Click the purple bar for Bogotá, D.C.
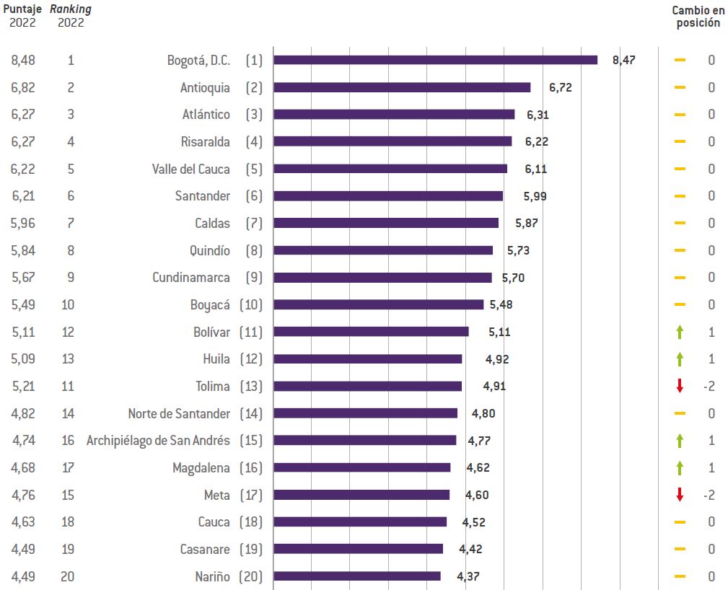click(435, 60)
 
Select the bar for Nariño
click(356, 576)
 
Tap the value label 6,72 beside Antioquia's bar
click(561, 87)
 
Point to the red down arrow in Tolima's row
click(679, 386)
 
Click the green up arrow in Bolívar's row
click(679, 332)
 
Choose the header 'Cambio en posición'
click(697, 16)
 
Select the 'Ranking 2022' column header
click(71, 16)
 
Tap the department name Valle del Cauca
click(191, 169)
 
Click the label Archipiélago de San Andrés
click(158, 441)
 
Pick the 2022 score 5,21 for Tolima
click(23, 386)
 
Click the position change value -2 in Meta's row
click(708, 495)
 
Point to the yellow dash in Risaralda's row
click(679, 141)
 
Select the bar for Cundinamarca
click(382, 278)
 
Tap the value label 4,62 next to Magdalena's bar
click(478, 467)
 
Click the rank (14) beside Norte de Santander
click(251, 413)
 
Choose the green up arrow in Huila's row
click(679, 359)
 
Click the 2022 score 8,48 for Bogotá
click(23, 60)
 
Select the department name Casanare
click(205, 549)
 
